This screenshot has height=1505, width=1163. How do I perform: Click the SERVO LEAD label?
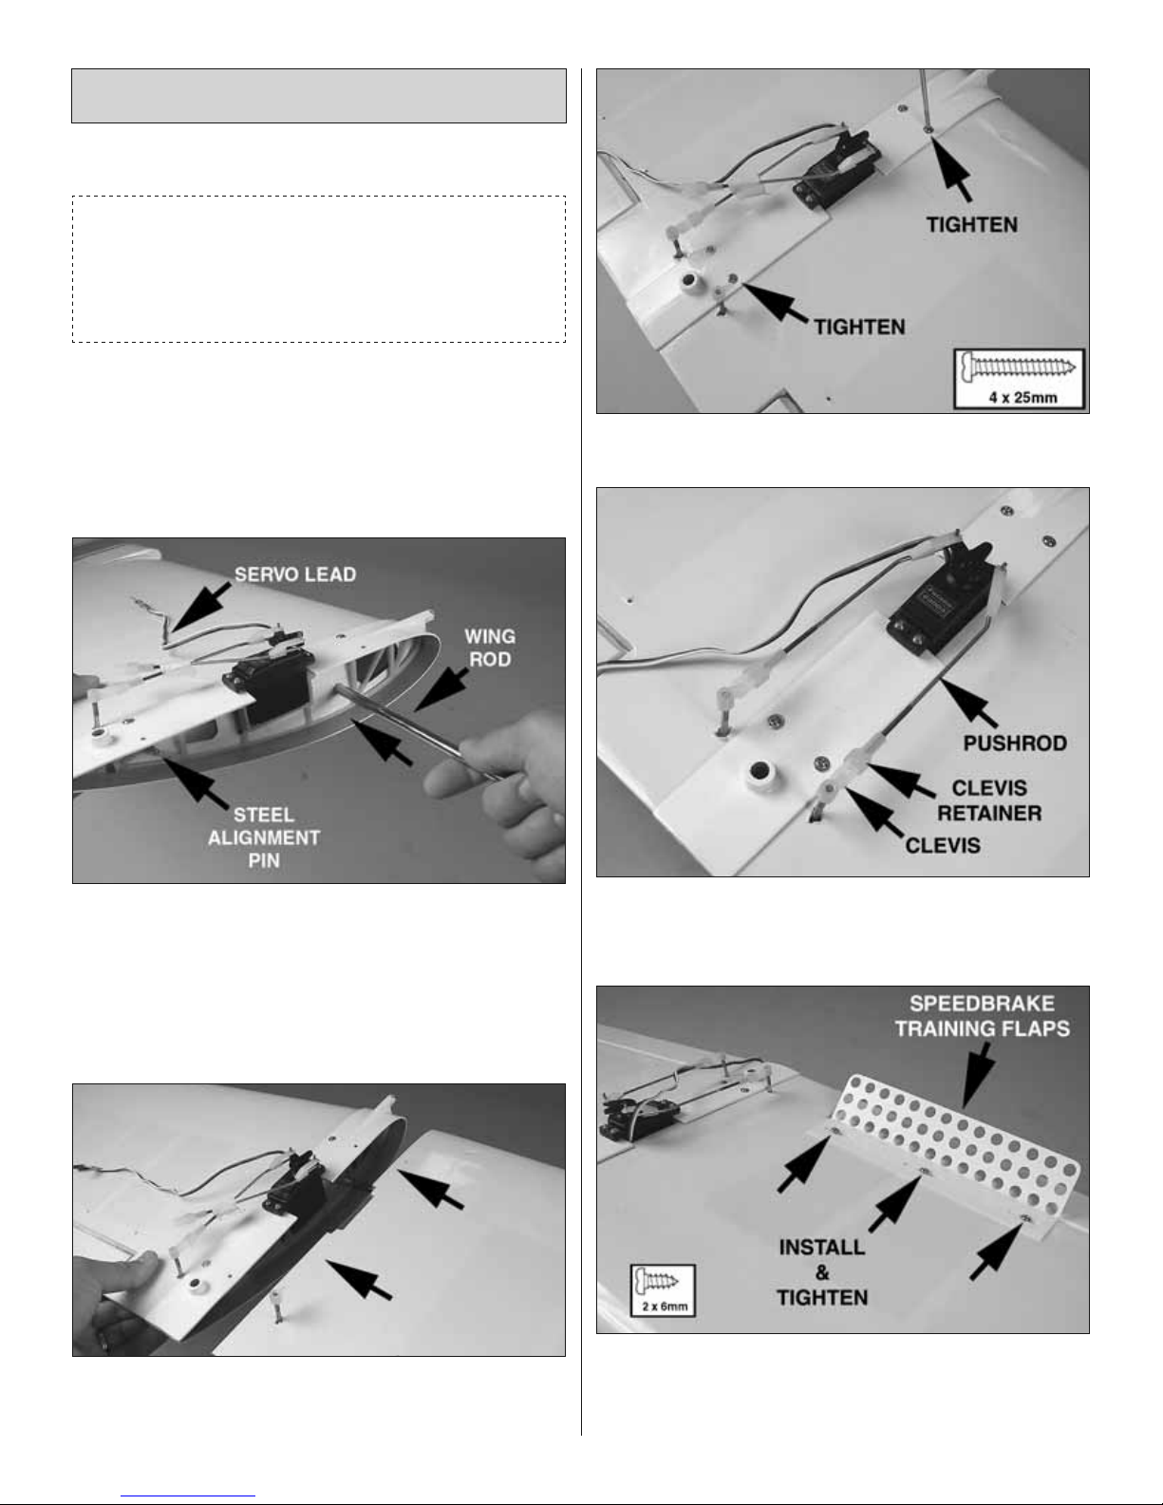(294, 575)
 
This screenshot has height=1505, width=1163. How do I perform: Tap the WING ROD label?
(490, 648)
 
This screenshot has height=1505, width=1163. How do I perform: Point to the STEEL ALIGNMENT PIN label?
(264, 837)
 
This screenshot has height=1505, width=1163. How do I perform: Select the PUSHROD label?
(1014, 743)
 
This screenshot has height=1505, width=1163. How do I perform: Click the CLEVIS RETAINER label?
(989, 800)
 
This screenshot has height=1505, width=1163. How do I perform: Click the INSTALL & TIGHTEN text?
(822, 1271)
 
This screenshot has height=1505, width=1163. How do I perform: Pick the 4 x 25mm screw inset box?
(1020, 378)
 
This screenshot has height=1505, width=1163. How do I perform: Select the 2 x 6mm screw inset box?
(663, 1289)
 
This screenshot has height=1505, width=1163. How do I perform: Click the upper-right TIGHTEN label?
(971, 225)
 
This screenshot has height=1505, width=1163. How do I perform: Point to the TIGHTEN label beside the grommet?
(859, 326)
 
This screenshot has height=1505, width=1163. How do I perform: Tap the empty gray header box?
(319, 96)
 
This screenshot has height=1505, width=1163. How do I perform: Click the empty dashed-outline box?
(319, 270)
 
